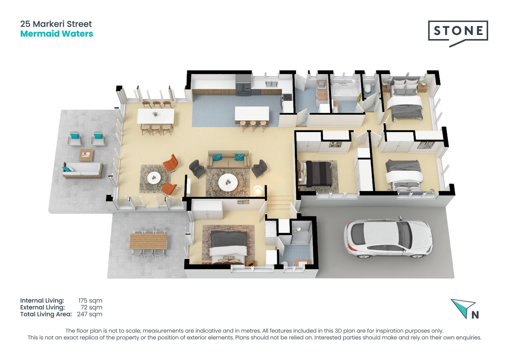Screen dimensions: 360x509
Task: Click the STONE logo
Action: pyautogui.click(x=458, y=31)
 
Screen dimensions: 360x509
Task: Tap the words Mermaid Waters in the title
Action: pyautogui.click(x=57, y=34)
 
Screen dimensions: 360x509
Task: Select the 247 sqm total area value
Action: pyautogui.click(x=90, y=314)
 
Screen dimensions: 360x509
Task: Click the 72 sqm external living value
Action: pyautogui.click(x=91, y=307)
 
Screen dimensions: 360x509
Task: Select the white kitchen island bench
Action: pyautogui.click(x=252, y=113)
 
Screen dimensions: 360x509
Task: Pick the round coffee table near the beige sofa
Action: pyautogui.click(x=228, y=182)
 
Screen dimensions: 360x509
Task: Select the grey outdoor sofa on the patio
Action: pyautogui.click(x=82, y=170)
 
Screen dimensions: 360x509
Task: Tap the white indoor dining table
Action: pyautogui.click(x=156, y=116)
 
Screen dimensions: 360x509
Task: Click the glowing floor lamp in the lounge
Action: pyautogui.click(x=257, y=190)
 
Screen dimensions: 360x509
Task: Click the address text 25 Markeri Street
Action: pyautogui.click(x=56, y=24)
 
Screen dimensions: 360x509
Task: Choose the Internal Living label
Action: pyautogui.click(x=42, y=301)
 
